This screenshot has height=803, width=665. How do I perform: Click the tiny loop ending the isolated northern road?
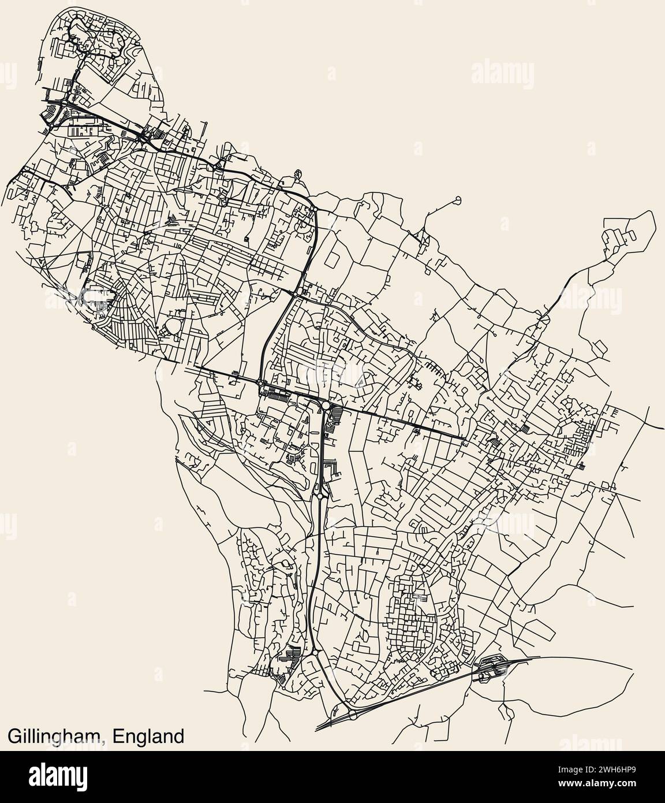click(458, 200)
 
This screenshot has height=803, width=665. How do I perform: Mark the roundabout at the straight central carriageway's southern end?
click(319, 496)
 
